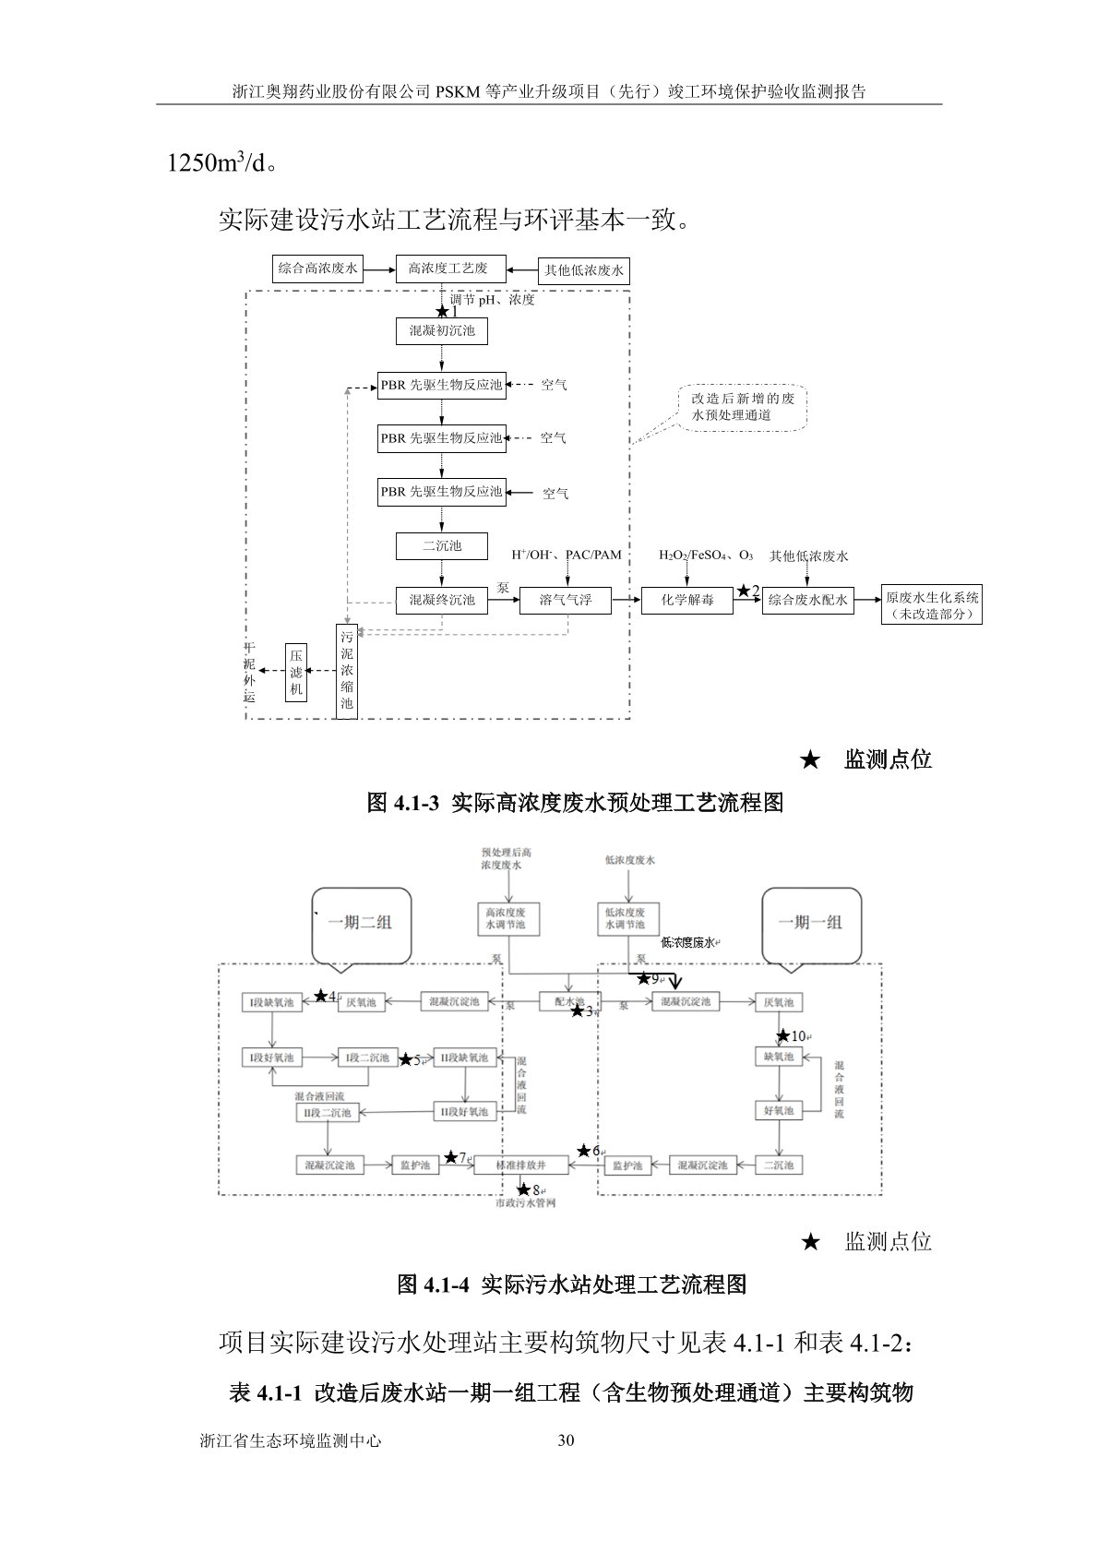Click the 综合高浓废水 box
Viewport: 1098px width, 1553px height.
(x=317, y=269)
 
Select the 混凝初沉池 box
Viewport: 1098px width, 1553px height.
(x=442, y=330)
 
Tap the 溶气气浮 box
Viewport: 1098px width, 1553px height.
(x=566, y=600)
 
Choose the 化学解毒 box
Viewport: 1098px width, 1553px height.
(x=687, y=600)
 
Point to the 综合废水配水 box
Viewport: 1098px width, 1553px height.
(x=807, y=600)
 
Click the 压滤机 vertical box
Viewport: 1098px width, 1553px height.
(x=295, y=673)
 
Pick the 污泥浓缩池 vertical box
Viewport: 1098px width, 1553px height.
(x=347, y=671)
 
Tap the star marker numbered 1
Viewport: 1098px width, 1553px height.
(x=443, y=312)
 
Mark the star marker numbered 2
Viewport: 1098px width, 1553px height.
(x=744, y=591)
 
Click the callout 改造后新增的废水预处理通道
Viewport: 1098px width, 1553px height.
(x=742, y=407)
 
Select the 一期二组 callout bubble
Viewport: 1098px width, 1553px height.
(x=359, y=923)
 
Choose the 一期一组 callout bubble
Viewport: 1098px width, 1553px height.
(x=810, y=923)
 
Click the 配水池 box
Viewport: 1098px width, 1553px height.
(x=569, y=1001)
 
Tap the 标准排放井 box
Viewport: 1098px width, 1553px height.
(x=520, y=1165)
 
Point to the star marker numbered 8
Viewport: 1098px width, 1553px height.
(x=524, y=1189)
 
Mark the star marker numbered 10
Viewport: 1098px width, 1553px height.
(x=783, y=1035)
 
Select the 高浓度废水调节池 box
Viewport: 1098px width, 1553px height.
(x=506, y=918)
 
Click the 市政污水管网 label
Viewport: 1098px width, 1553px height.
(x=525, y=1203)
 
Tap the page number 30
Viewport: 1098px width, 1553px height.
(x=567, y=1440)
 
